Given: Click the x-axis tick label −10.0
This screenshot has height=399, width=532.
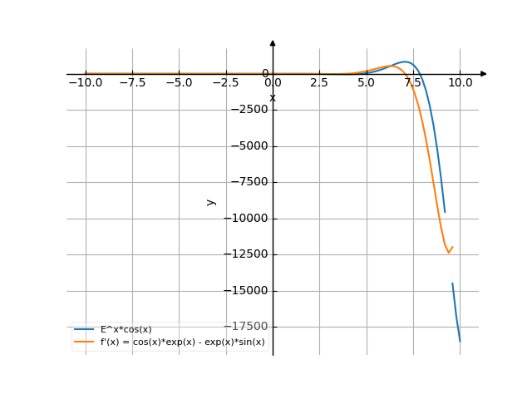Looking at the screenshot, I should point(85,83).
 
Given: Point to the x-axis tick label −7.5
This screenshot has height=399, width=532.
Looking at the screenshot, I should point(132,83).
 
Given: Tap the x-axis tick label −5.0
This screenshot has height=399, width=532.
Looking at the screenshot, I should point(179,83).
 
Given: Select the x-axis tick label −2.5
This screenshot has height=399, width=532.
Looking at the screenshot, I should point(225,83).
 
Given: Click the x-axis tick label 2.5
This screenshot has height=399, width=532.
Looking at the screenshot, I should point(319,83).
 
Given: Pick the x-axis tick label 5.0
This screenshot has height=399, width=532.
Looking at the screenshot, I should point(366,83).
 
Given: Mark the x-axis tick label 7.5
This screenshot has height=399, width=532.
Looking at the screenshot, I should point(413,83).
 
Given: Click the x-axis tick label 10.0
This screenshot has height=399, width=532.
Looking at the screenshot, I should point(460,83).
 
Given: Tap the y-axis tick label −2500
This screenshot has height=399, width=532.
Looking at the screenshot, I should point(249,110).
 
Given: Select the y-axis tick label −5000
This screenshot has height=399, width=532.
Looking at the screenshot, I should point(249,146).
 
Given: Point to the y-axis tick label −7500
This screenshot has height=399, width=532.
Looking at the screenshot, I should point(249,182).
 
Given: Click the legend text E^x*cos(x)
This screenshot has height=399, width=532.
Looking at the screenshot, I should point(126,329).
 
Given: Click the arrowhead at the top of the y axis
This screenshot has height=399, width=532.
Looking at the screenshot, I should point(273,42).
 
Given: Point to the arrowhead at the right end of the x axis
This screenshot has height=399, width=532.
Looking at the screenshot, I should point(484,74).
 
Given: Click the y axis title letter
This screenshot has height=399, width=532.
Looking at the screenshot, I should point(211,201).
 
